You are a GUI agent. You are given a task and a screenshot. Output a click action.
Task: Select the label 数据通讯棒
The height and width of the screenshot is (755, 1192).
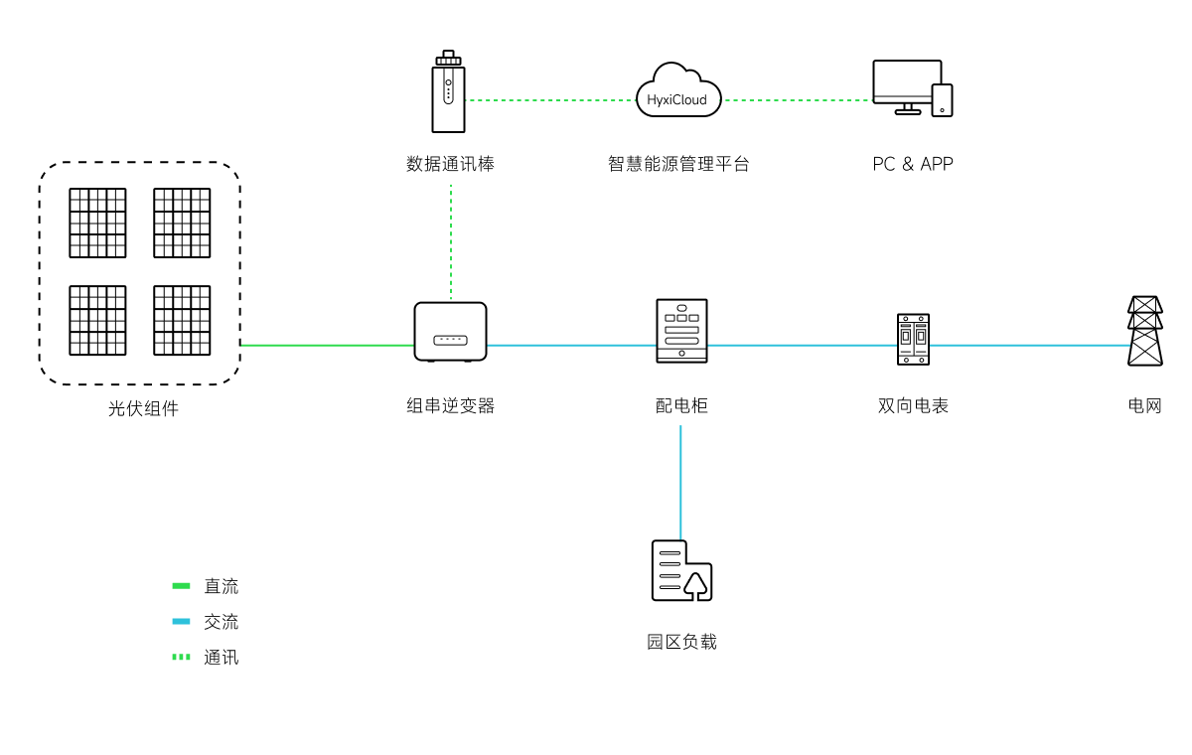450,164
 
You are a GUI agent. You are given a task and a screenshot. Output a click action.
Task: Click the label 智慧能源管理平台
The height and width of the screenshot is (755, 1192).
678,164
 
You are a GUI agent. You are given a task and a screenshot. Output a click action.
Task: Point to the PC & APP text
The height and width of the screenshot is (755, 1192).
912,164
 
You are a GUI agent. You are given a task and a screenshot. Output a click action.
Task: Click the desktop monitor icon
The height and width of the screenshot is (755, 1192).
905,85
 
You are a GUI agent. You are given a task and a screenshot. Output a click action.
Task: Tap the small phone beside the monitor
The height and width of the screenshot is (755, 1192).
942,100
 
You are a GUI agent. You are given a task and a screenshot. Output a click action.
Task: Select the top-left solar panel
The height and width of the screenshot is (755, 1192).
97,223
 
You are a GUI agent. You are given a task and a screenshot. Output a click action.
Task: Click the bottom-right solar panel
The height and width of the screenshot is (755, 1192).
182,320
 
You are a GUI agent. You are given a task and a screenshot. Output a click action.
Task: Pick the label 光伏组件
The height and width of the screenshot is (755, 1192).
143,408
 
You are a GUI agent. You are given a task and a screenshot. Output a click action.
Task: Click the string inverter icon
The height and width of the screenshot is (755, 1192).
450,332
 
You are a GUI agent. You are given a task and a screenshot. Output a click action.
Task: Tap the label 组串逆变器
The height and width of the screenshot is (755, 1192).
450,405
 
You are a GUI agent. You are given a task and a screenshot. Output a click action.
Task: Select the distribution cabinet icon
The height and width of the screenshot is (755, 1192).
681,331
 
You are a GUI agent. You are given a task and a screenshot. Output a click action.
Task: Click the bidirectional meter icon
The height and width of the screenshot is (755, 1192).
913,339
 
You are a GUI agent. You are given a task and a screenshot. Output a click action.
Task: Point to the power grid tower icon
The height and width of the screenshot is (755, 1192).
1144,331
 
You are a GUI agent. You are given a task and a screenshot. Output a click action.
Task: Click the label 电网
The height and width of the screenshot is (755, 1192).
1144,405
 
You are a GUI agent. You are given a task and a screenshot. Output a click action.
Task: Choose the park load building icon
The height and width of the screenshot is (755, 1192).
681,571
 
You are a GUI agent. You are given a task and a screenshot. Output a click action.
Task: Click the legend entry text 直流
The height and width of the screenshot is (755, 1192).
221,586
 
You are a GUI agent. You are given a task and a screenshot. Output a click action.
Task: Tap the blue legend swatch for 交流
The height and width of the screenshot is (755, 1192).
181,622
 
